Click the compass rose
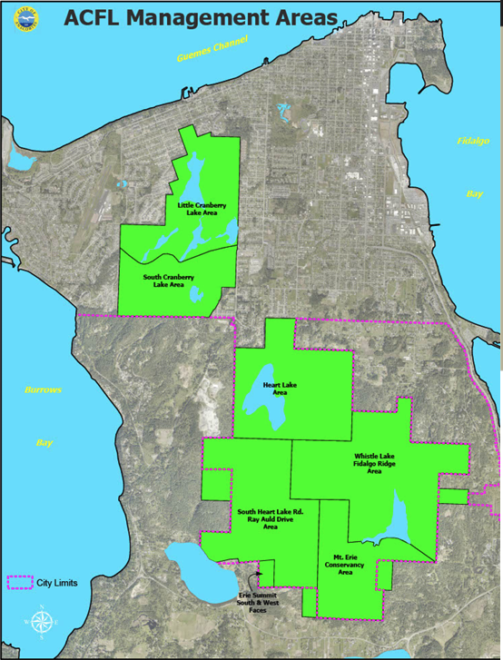pyautogui.click(x=42, y=623)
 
